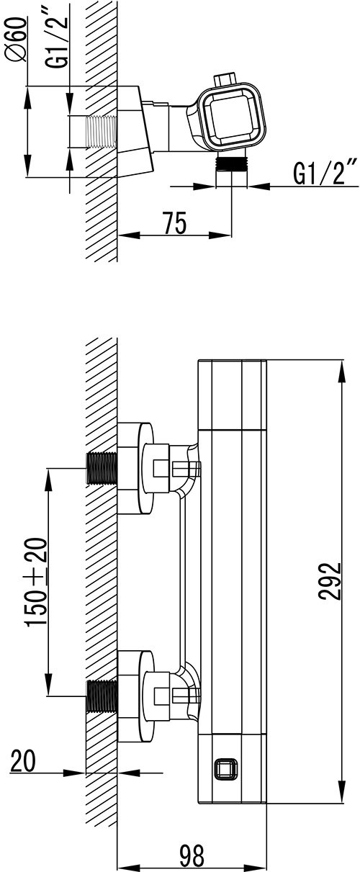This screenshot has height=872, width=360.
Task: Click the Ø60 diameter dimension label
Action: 17,39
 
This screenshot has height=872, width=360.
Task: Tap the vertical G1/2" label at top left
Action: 58,36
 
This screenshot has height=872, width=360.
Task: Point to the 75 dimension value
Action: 174,223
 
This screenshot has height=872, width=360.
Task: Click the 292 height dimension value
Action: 330,581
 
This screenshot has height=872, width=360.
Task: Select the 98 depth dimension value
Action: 192,855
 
